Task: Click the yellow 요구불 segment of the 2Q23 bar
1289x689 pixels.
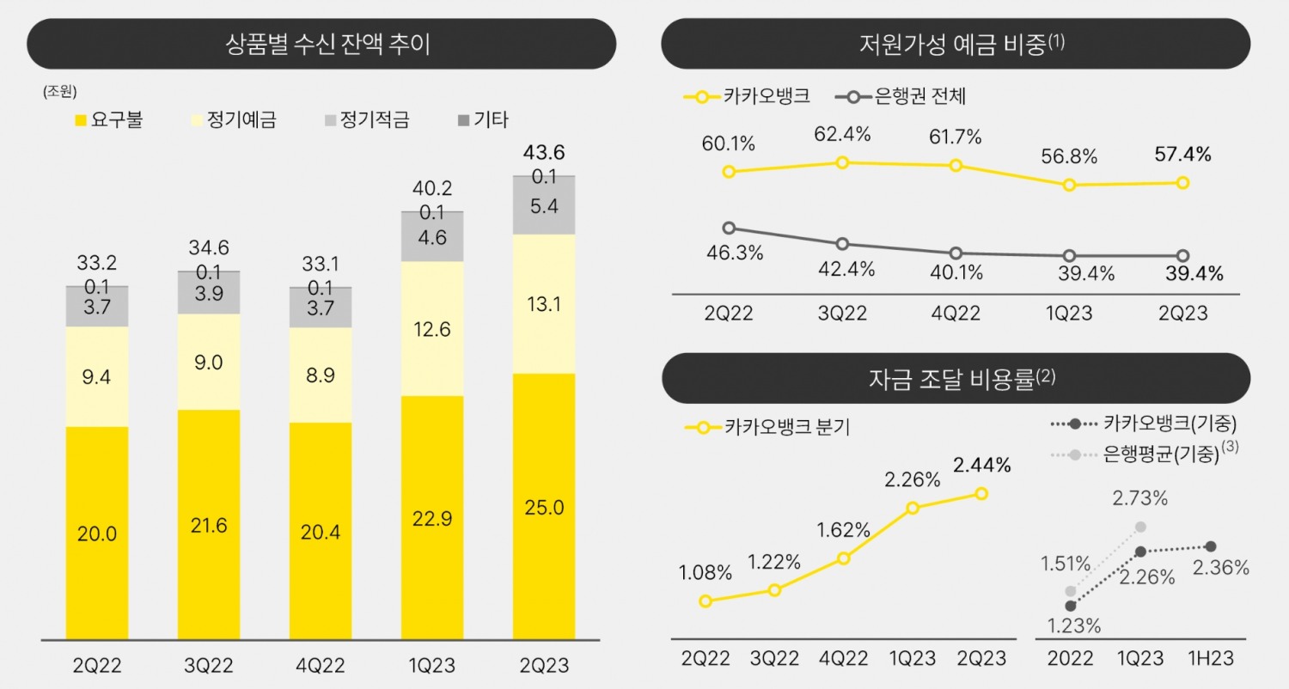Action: [x=544, y=507]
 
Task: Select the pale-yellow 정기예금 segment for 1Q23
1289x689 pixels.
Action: [x=432, y=328]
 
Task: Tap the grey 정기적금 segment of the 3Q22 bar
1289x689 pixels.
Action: [x=209, y=294]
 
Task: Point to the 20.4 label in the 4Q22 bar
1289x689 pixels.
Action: [x=321, y=533]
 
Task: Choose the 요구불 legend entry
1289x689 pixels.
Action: [x=109, y=119]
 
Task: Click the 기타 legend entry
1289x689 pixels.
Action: [x=483, y=119]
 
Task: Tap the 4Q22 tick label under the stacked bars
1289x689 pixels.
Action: [x=321, y=666]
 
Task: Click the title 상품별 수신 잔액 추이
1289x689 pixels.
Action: [x=321, y=44]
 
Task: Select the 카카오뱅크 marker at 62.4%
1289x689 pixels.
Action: [x=843, y=162]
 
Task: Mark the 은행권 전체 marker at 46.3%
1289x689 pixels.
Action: [x=729, y=228]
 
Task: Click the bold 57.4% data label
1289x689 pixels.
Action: [x=1182, y=155]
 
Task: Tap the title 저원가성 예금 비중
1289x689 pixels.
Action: [x=956, y=43]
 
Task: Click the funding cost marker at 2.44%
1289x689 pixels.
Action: [x=981, y=493]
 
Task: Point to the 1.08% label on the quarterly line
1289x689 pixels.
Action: [x=706, y=572]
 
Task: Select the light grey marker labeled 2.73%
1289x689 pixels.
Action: [x=1141, y=527]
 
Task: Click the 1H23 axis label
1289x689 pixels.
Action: [x=1211, y=659]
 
